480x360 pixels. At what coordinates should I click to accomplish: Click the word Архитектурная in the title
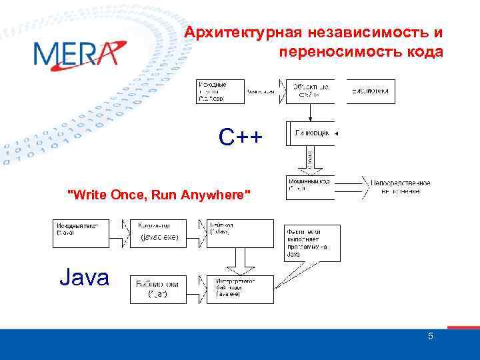tap(244, 33)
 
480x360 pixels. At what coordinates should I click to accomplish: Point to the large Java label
tap(84, 277)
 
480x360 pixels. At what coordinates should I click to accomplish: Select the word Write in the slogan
tap(87, 195)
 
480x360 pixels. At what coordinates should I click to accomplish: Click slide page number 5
tap(430, 337)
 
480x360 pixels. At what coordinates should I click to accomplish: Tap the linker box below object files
tap(311, 133)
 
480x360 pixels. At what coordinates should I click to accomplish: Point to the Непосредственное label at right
tap(401, 183)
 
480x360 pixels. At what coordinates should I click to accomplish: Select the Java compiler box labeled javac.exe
tap(159, 233)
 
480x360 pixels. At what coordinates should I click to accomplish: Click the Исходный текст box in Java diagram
tap(83, 233)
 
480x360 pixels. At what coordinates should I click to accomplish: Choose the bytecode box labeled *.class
tap(239, 233)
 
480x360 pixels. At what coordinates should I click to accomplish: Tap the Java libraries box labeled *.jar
tap(159, 289)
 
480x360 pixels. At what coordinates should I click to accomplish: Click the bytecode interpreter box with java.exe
tap(239, 289)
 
